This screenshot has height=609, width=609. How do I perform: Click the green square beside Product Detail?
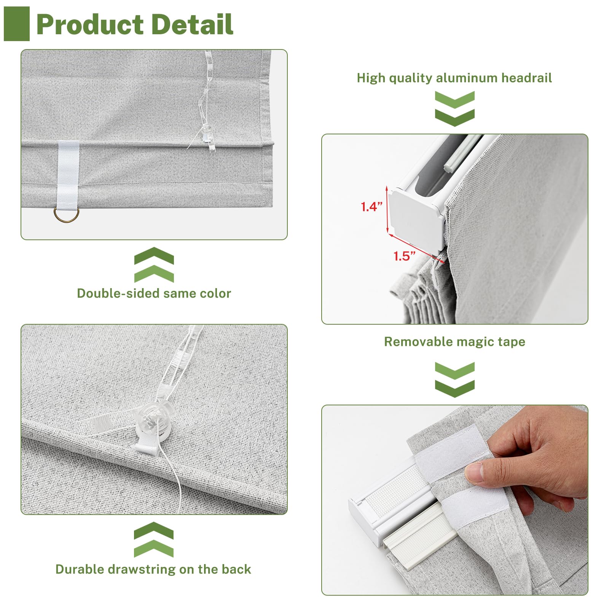(x=17, y=24)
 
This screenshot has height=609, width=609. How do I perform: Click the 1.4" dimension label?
(x=371, y=207)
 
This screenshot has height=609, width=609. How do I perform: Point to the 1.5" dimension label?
(x=404, y=256)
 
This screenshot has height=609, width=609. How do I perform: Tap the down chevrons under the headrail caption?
(x=455, y=109)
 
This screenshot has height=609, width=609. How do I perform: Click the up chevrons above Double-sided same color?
(x=154, y=265)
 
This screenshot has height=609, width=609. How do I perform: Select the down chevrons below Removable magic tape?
(x=455, y=380)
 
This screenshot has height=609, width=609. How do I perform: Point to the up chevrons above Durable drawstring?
(x=154, y=539)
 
